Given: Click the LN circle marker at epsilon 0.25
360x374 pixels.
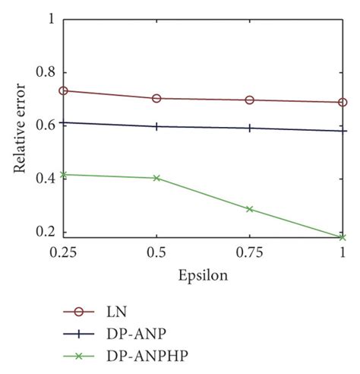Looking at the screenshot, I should coord(64,90).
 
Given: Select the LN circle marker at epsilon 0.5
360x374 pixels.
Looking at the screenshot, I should coord(156,98).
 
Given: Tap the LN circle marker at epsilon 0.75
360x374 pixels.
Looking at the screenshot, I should coord(249,100).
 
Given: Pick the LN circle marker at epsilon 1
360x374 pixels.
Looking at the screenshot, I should coord(343,103).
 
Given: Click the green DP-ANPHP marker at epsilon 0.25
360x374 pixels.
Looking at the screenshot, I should coord(64,175).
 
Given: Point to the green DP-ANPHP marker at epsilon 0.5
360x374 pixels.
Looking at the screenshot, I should coord(156,178).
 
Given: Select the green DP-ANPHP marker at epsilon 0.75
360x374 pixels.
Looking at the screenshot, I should coord(249,209).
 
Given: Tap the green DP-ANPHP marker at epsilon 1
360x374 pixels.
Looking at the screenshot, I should coord(343,237).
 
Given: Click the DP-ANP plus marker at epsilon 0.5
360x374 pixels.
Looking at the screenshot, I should coord(156,126).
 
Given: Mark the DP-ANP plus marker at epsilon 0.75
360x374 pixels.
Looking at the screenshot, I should coord(249,128).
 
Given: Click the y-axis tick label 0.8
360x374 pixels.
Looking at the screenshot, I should coord(46,73).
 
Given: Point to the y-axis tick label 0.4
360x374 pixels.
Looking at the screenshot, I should coord(46,179).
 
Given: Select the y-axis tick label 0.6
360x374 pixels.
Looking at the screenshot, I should coord(46,125).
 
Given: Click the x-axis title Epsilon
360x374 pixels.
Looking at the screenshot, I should coord(203,275).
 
